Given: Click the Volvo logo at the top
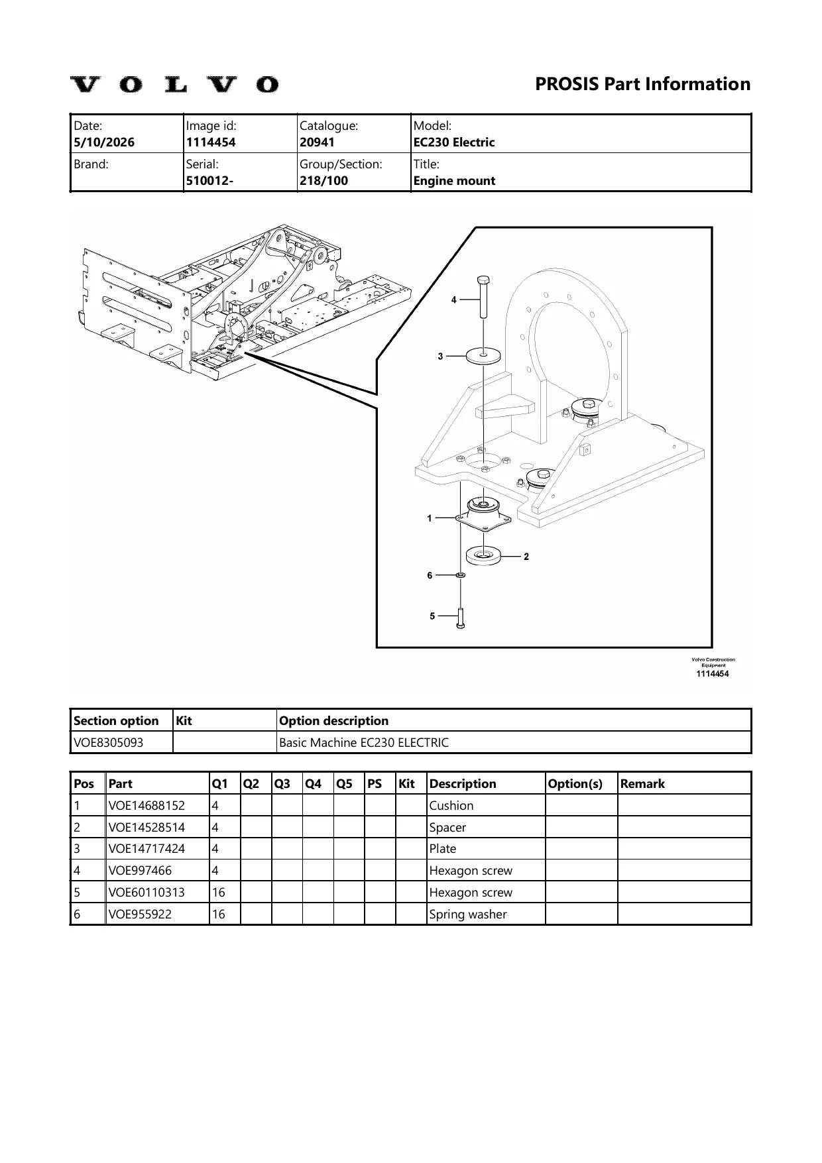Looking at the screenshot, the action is click(174, 85).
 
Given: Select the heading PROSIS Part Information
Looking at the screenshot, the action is click(642, 84).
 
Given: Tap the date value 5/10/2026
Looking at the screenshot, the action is click(104, 142).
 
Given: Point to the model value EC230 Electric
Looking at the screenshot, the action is click(454, 142).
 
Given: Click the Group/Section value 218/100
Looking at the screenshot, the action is click(323, 181).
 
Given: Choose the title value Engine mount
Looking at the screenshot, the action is click(454, 181).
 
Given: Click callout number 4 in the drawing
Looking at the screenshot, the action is click(454, 300).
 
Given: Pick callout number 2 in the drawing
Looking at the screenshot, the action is click(526, 557).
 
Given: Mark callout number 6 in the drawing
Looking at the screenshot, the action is click(430, 575).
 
